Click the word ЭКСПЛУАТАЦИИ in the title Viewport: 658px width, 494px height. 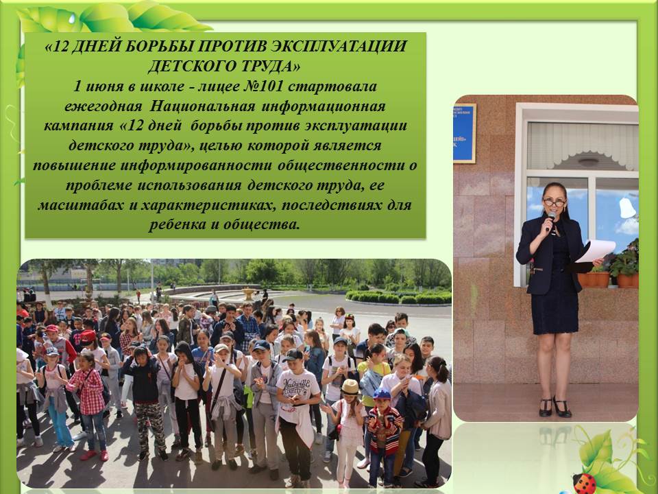pyautogui.click(x=338, y=46)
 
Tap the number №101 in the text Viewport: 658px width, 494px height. pyautogui.click(x=263, y=86)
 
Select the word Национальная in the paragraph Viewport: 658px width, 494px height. pyautogui.click(x=202, y=106)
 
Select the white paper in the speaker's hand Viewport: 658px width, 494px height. pyautogui.click(x=596, y=251)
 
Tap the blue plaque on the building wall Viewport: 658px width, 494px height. pyautogui.click(x=464, y=133)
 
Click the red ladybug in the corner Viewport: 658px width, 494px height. pyautogui.click(x=585, y=483)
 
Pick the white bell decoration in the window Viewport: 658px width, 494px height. pyautogui.click(x=627, y=208)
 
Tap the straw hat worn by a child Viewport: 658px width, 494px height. pyautogui.click(x=350, y=387)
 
